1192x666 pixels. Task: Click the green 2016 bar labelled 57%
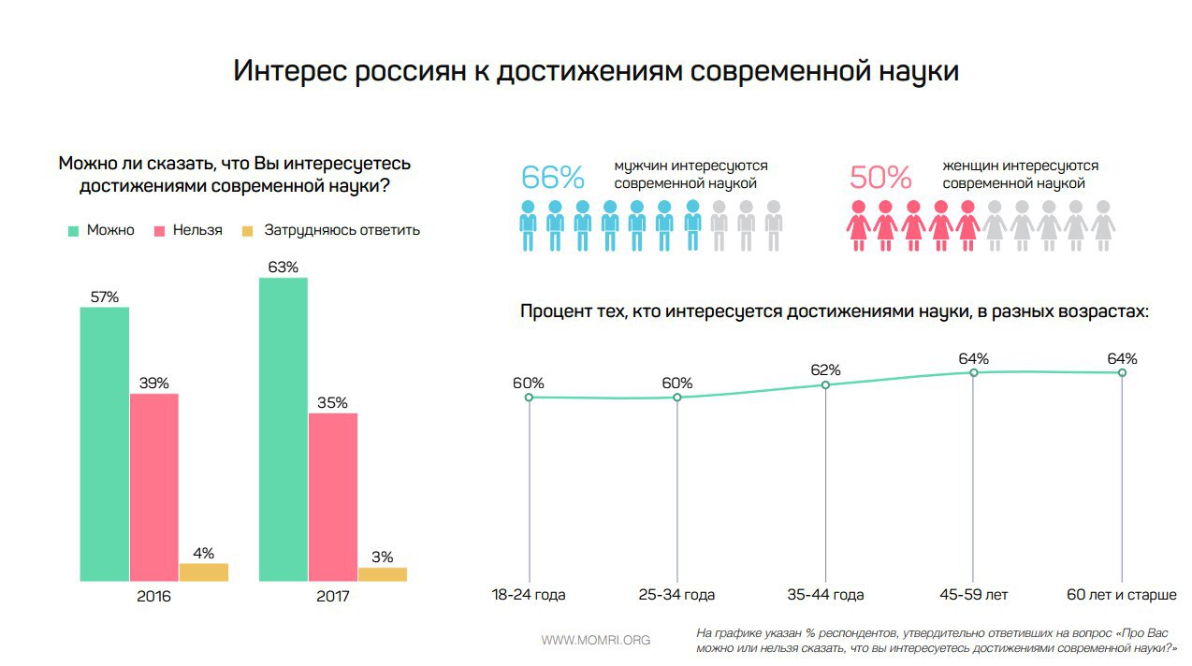[105, 444]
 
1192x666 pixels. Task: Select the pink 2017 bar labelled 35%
[333, 497]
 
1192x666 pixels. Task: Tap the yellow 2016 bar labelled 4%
[204, 572]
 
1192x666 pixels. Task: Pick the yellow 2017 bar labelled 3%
[382, 574]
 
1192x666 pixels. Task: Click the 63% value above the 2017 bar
[283, 268]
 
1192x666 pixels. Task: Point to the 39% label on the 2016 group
[153, 383]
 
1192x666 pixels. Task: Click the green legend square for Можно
[72, 230]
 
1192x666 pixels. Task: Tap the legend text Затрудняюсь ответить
[342, 230]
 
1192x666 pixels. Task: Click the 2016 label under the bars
[153, 596]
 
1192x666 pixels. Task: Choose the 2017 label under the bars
[332, 596]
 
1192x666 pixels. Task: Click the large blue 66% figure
[552, 177]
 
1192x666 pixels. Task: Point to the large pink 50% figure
[879, 177]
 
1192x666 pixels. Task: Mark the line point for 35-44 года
[825, 384]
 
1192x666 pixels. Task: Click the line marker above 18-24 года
[529, 398]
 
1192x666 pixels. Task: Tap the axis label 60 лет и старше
[1121, 595]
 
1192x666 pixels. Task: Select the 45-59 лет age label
[973, 595]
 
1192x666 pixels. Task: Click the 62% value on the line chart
[825, 369]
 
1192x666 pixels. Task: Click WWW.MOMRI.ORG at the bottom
[596, 641]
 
